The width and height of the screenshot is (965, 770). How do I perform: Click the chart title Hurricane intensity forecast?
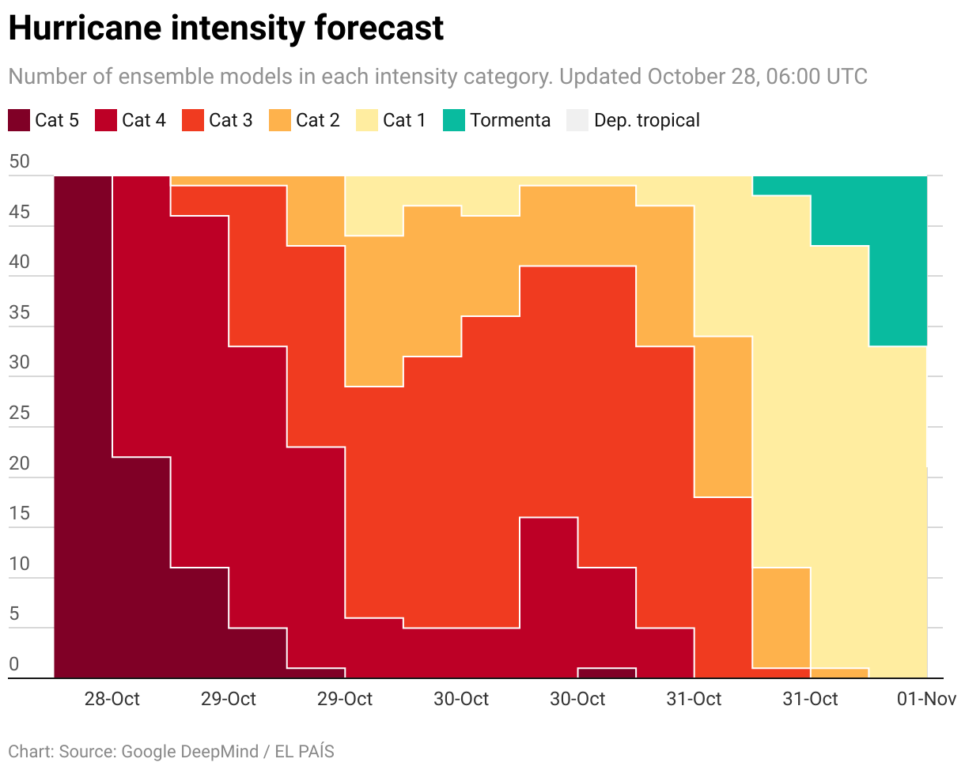[225, 28]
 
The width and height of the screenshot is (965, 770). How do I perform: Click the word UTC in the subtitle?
[846, 77]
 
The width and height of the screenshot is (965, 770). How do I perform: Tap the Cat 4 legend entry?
[131, 120]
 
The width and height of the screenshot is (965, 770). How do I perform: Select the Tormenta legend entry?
[497, 120]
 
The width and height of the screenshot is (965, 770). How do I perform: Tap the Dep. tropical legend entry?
[633, 120]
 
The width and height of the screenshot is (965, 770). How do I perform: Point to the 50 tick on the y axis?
[19, 162]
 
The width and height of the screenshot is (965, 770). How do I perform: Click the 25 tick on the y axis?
[19, 413]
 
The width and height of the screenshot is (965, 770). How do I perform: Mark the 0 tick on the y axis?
[13, 665]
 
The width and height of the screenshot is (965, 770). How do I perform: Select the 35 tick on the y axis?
[19, 313]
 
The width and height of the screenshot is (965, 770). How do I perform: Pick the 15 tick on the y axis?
[19, 514]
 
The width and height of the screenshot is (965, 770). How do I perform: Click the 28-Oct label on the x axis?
[112, 699]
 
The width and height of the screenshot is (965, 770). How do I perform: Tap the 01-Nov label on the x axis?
[927, 699]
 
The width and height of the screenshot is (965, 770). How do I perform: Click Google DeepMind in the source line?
[190, 751]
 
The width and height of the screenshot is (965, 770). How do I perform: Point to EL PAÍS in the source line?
[305, 751]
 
